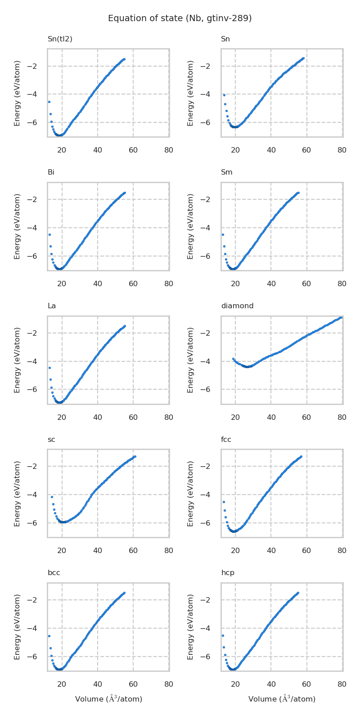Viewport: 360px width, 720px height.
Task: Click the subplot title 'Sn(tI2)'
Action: (60, 39)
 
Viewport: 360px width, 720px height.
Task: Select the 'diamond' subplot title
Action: (237, 306)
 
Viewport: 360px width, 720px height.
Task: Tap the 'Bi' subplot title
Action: (51, 172)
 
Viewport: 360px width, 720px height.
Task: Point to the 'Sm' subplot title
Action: (227, 172)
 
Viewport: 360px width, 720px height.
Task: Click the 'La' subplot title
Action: (52, 306)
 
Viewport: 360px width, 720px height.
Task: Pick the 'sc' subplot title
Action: (51, 440)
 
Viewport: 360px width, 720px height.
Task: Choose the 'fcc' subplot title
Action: (226, 440)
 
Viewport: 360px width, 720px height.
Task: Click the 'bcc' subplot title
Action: (54, 573)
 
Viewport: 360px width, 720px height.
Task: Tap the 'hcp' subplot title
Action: (228, 573)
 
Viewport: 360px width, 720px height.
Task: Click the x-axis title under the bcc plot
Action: (108, 699)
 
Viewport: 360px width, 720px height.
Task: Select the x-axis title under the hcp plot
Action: (282, 699)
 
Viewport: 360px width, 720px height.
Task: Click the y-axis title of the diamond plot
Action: (191, 360)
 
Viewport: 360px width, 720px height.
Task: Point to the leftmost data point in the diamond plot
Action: (233, 359)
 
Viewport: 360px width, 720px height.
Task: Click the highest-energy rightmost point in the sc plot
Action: (135, 457)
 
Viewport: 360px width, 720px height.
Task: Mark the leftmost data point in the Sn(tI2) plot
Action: (49, 102)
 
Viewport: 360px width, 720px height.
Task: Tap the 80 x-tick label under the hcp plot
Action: (342, 684)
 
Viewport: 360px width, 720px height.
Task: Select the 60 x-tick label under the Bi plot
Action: (133, 284)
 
